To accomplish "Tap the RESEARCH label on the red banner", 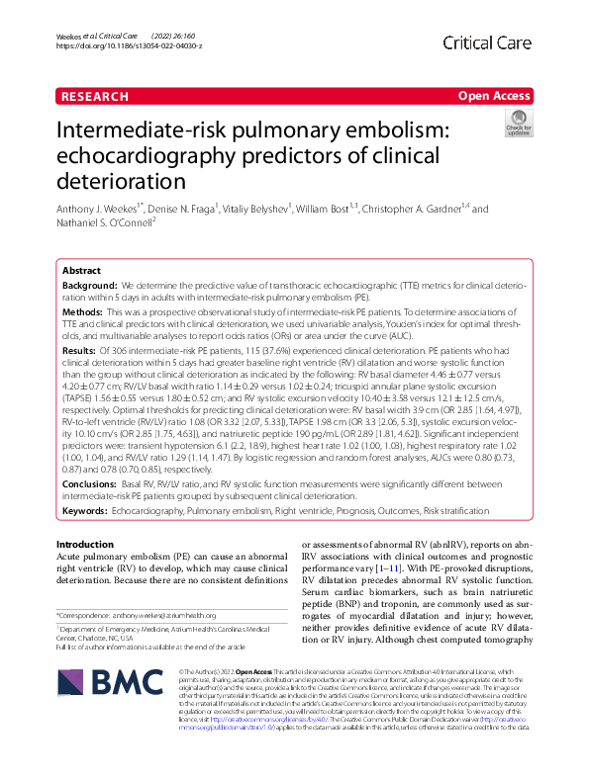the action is [94, 97].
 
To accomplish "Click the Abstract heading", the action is [81, 270].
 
